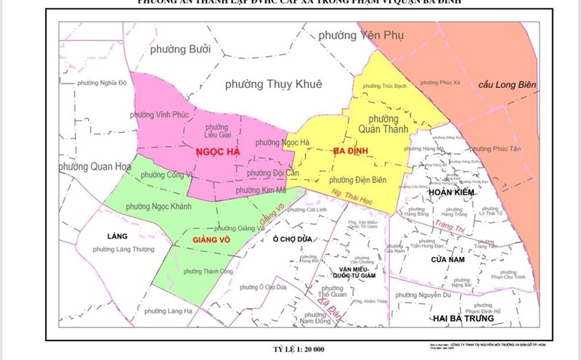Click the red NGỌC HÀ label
(x=216, y=152)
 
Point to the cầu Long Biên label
(x=507, y=85)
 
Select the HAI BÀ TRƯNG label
(x=462, y=319)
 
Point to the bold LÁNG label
(x=116, y=237)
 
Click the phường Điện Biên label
(x=357, y=180)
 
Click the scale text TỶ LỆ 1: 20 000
(x=290, y=350)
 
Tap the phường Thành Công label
(x=202, y=271)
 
